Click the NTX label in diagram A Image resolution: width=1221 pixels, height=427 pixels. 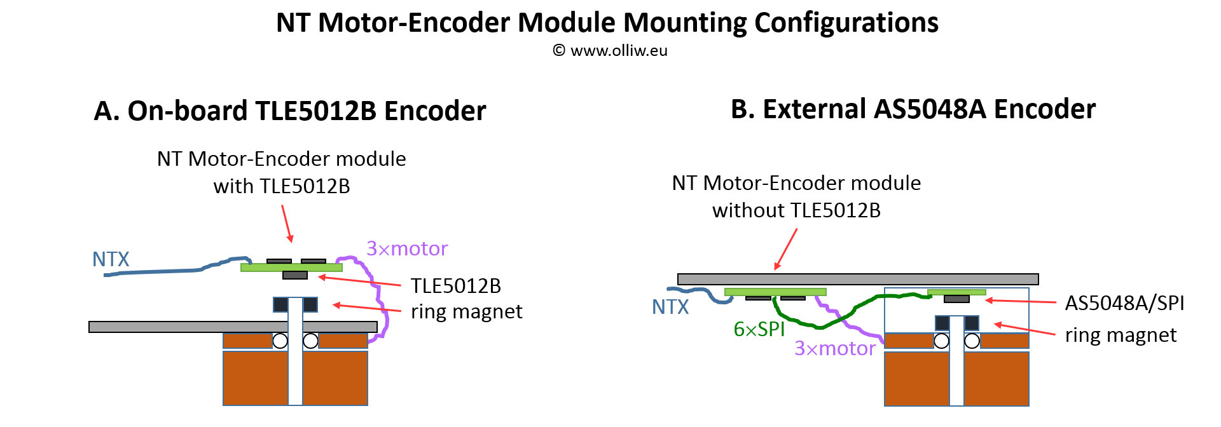[111, 259]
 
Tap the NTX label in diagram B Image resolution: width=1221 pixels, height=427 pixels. [670, 307]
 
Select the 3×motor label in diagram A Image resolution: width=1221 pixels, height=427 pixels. [407, 248]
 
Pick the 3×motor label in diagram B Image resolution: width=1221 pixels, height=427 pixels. [835, 348]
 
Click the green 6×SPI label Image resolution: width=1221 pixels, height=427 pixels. [759, 329]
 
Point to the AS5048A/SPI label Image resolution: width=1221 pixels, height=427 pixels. [1124, 303]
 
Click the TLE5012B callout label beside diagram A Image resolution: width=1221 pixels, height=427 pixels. [455, 286]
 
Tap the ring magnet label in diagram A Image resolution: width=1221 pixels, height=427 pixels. [466, 311]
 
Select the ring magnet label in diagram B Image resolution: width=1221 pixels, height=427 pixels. [1121, 335]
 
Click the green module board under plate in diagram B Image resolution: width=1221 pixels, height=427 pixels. [775, 292]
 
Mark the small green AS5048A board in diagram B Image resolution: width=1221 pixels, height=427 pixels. [956, 292]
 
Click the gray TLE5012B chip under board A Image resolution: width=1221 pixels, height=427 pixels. [294, 275]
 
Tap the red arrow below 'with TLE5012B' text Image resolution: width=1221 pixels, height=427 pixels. [286, 223]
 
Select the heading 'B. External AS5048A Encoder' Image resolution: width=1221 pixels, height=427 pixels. [913, 109]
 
